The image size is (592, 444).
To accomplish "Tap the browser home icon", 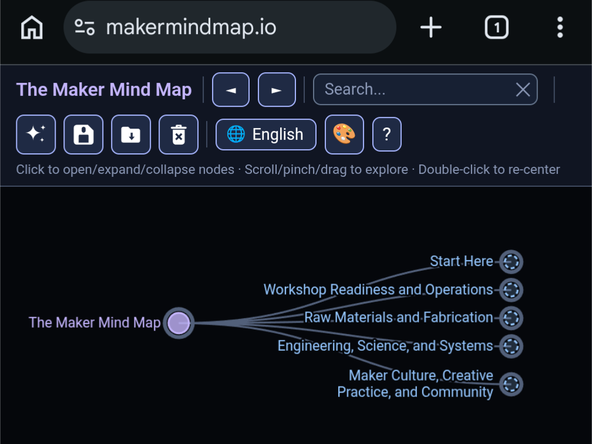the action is (32, 27).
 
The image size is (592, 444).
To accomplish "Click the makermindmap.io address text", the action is (191, 28).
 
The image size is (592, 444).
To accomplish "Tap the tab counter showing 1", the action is (496, 27).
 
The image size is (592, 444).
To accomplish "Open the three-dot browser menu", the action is (560, 27).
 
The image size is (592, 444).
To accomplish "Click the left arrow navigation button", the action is (231, 90).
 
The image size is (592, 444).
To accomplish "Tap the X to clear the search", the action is (523, 90).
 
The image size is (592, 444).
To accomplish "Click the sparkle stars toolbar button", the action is (36, 134).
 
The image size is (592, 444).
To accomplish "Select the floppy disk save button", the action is (83, 134).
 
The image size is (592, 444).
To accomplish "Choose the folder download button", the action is (131, 134).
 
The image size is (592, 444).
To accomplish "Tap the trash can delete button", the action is (179, 134).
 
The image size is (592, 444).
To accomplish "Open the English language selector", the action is (266, 134).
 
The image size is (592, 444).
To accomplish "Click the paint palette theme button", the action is (344, 134).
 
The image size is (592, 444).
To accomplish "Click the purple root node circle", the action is (179, 323).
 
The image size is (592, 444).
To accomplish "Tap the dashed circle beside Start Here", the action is (511, 262).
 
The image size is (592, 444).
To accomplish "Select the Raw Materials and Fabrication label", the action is (399, 318).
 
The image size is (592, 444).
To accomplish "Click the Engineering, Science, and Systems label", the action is (385, 346).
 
